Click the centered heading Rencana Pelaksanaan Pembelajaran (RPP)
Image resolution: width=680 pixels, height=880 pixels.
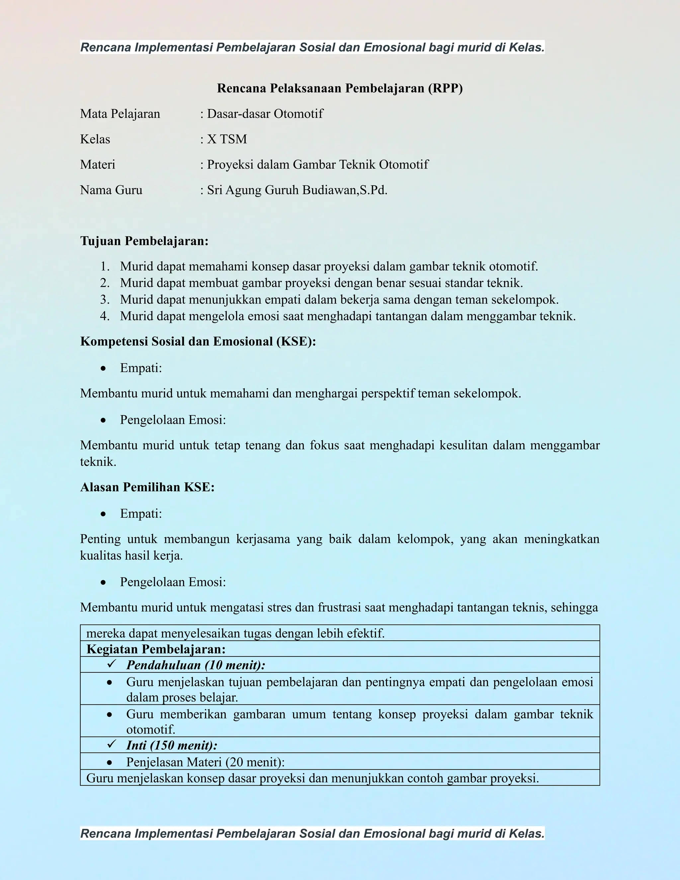(x=340, y=88)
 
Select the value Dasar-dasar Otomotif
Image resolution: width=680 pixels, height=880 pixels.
(x=265, y=114)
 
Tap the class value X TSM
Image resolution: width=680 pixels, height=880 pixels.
(x=227, y=139)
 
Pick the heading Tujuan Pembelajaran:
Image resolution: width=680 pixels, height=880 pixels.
(x=144, y=241)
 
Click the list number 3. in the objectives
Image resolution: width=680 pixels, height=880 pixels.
(x=105, y=300)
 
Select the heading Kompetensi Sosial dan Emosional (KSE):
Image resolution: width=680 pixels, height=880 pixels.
(x=198, y=342)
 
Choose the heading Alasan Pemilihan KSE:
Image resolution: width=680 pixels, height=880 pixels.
(x=147, y=487)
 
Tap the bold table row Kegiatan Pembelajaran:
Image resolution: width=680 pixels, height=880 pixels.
(x=156, y=649)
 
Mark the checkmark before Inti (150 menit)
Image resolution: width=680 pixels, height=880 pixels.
(x=112, y=744)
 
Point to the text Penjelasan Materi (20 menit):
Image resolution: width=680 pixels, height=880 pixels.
(x=206, y=762)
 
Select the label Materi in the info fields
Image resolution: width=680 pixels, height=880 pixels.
(x=98, y=165)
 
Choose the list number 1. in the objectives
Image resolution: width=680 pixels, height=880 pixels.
(x=105, y=266)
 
